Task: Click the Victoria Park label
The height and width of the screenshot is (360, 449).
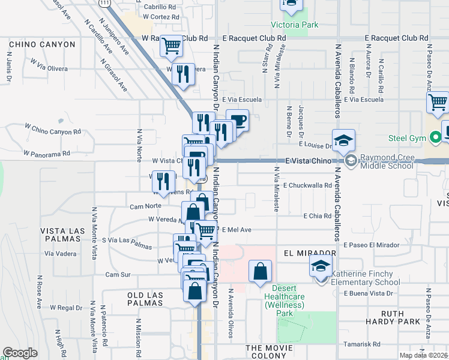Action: [295, 25]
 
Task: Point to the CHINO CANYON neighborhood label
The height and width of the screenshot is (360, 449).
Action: [41, 44]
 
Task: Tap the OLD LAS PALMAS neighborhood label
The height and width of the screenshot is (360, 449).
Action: [145, 299]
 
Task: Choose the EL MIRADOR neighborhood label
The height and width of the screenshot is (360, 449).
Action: [309, 253]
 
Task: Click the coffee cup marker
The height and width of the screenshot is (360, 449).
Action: [238, 121]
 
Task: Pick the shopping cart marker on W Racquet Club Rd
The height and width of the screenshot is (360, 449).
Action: [172, 46]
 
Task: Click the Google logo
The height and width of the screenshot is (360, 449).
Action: [20, 353]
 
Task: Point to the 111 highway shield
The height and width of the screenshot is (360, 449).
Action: [106, 4]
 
